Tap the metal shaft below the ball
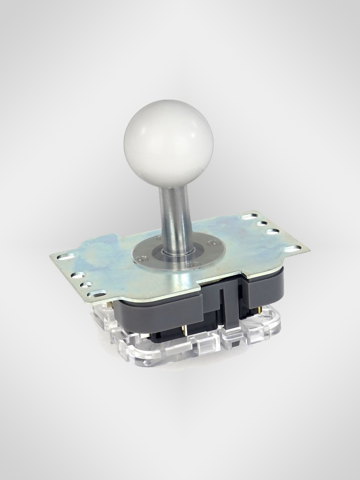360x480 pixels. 172,216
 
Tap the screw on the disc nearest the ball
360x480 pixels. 159,238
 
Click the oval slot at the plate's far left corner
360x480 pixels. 66,256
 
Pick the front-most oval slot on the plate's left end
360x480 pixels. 97,294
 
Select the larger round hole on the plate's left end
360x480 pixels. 78,275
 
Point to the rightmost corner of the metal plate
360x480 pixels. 310,251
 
